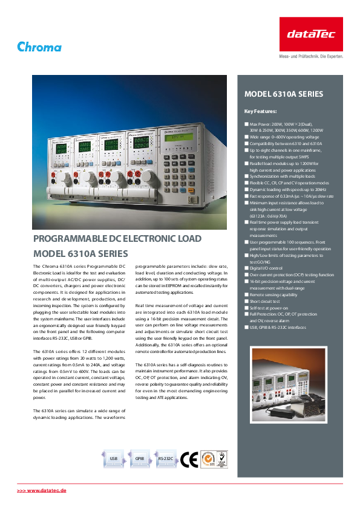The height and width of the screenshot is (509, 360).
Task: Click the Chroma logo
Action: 39,47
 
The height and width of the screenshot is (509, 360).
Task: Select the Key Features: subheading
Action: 260,111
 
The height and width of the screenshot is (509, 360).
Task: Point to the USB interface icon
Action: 113,459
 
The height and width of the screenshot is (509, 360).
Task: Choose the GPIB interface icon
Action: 139,459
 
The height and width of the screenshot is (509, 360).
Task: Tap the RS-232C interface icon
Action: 165,459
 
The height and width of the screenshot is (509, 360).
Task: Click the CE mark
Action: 189,459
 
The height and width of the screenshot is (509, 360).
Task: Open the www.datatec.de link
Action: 41,489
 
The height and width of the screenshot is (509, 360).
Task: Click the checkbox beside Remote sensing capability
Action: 246,294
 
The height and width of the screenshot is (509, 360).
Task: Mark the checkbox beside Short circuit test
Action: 246,301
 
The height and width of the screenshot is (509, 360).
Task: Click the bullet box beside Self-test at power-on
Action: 246,308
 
